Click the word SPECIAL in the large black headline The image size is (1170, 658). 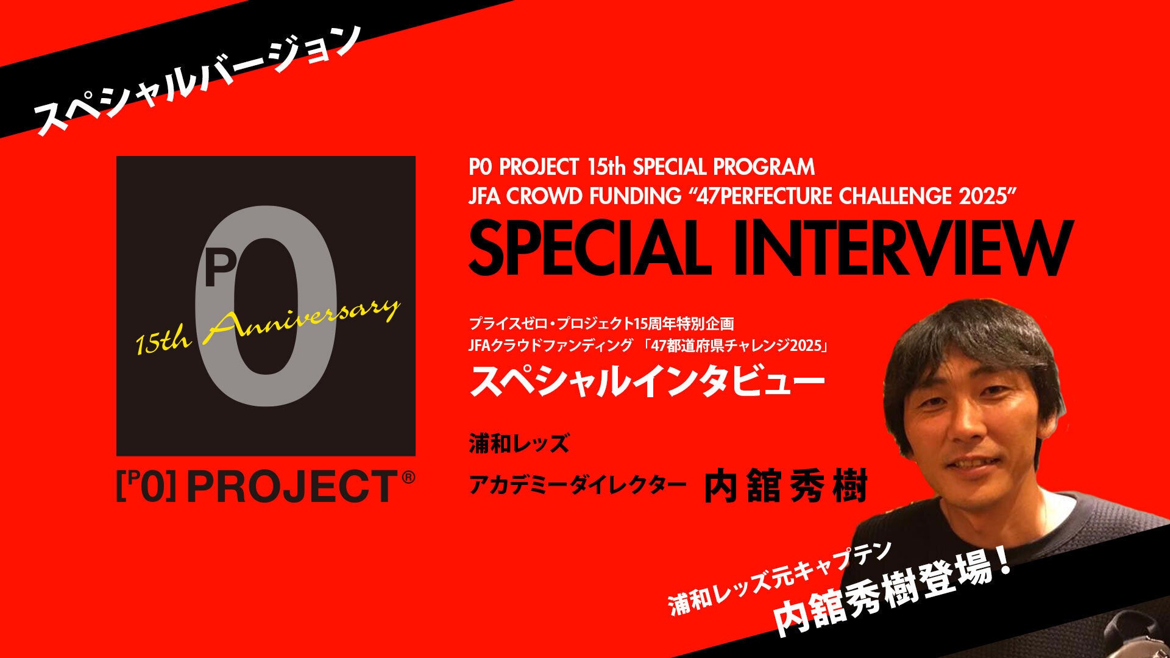(583, 248)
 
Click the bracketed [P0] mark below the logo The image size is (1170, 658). (146, 487)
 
